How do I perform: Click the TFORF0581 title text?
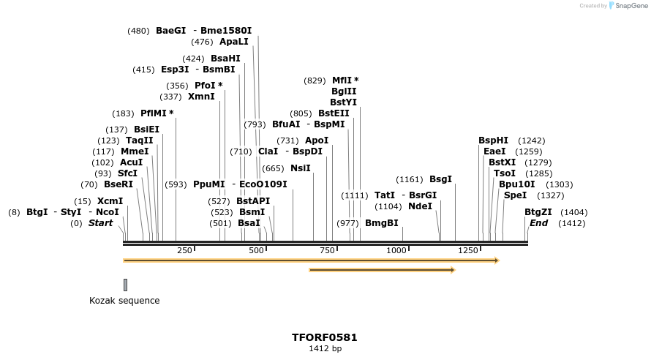324,337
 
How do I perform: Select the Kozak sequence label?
124,301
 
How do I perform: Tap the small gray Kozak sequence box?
125,285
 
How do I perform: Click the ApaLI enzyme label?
234,42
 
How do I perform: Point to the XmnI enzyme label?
201,97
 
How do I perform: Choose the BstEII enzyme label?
334,113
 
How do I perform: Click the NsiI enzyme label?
301,168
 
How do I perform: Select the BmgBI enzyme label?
382,223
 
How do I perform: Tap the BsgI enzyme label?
440,179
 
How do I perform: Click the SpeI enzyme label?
515,195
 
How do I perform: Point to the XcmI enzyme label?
110,201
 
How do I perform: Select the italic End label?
538,223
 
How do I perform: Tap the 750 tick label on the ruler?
327,250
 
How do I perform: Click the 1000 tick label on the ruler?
396,250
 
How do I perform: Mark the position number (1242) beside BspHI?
531,140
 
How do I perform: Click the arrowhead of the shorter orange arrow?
453,270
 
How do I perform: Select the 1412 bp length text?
325,349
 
